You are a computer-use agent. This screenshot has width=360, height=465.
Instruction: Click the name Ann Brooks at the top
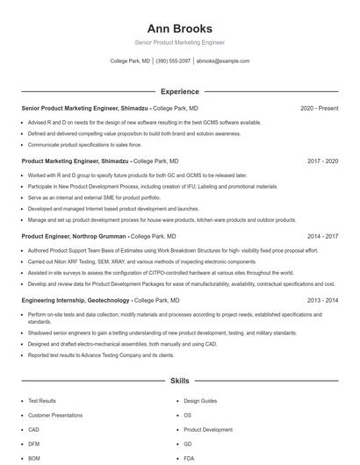(179, 29)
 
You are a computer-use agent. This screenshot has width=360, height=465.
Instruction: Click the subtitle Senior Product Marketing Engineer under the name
(179, 42)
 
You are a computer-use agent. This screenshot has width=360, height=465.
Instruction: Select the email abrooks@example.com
(223, 61)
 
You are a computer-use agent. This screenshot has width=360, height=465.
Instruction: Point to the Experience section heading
(179, 91)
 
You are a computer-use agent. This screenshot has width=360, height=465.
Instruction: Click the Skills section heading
(179, 382)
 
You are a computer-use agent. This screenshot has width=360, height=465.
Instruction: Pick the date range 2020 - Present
(319, 108)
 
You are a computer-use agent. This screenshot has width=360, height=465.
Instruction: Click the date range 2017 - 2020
(322, 161)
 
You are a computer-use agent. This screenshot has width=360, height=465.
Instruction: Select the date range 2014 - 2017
(322, 236)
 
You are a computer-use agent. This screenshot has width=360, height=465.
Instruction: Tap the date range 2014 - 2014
(322, 300)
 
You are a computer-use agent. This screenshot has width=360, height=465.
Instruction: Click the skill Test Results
(41, 401)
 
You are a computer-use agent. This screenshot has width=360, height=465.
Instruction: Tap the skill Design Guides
(200, 401)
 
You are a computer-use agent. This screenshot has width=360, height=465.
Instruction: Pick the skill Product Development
(208, 430)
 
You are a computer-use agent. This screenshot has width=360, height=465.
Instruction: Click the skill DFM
(34, 444)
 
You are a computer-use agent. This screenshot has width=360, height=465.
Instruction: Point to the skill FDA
(189, 458)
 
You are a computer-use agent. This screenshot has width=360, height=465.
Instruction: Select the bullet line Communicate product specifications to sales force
(84, 144)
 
